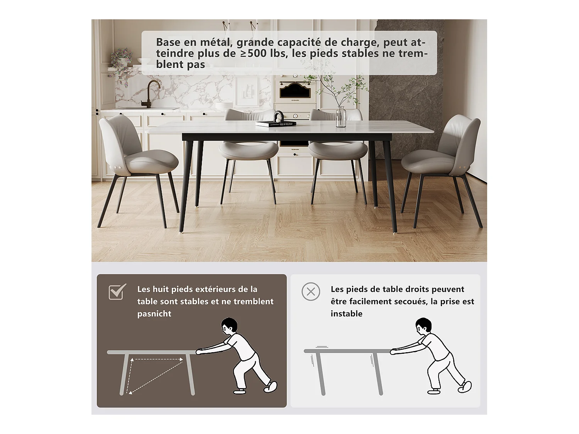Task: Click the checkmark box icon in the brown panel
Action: [117, 292]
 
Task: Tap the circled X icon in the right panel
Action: [311, 292]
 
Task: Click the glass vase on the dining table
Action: [341, 117]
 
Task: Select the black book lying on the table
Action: [276, 124]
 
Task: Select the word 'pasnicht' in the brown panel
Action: [154, 314]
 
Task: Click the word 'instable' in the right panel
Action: [346, 314]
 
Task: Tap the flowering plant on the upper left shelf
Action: [122, 58]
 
